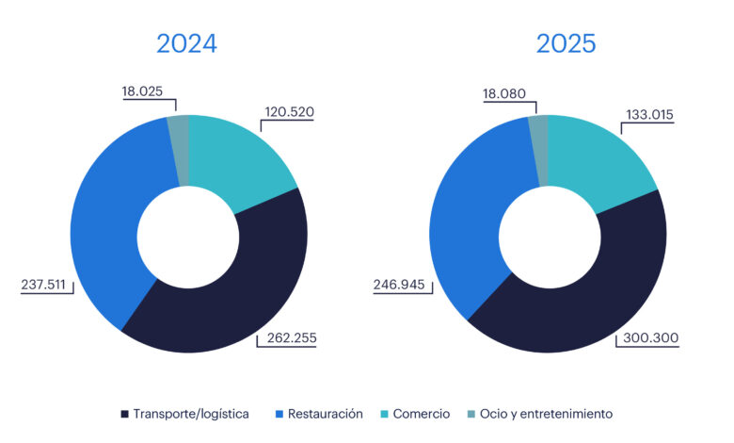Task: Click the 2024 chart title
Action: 186,43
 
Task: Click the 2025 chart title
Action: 566,43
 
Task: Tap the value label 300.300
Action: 646,337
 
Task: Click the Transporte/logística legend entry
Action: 185,414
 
